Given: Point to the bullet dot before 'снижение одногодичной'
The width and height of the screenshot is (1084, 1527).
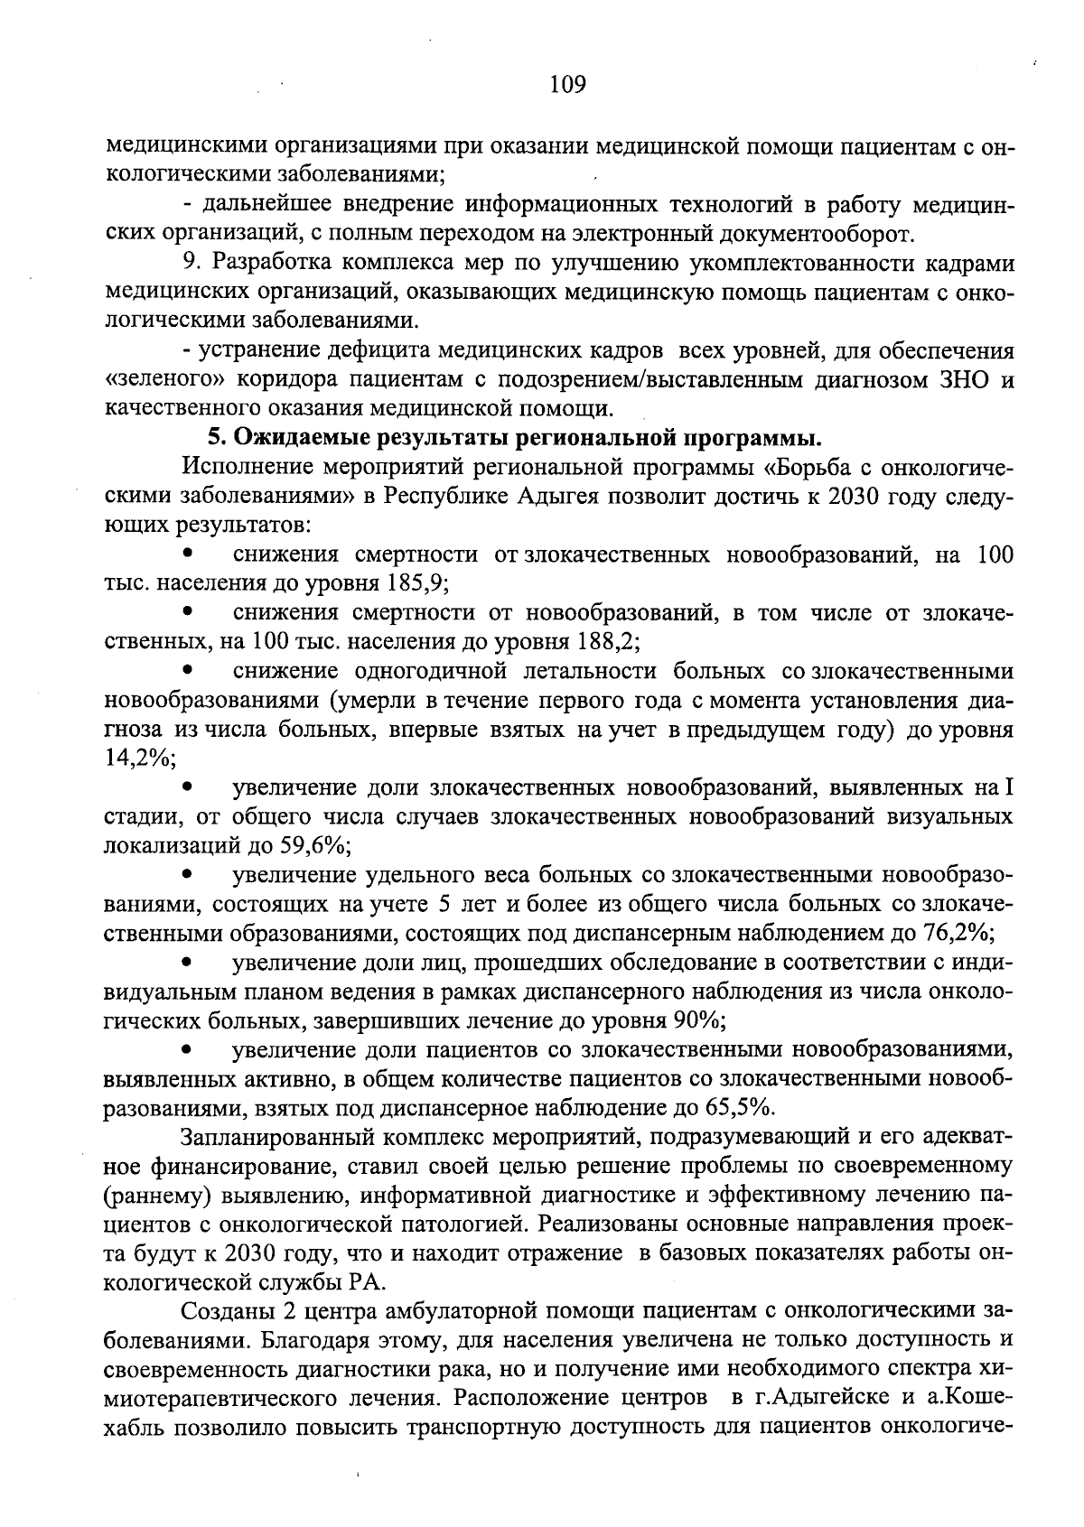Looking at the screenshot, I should [188, 670].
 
